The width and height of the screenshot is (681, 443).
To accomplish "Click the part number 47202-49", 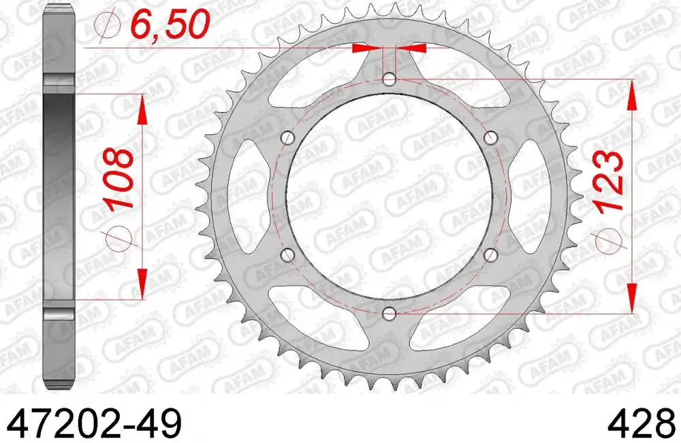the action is click(x=95, y=423).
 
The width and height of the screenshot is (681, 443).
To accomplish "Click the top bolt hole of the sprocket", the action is click(x=389, y=80).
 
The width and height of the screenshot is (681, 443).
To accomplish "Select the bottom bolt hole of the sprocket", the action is click(x=389, y=313).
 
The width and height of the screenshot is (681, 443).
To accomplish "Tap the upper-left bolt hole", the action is click(x=287, y=138).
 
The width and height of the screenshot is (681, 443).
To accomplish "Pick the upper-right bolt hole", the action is click(x=491, y=138).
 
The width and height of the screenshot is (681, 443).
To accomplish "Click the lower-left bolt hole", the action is click(x=287, y=255).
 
